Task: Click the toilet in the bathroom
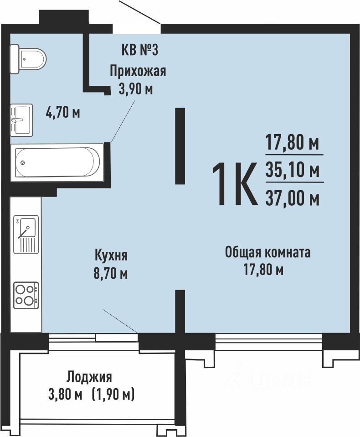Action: [x=28, y=59]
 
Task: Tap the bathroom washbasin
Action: [x=21, y=120]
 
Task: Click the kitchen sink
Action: [x=26, y=234]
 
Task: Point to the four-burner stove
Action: [x=26, y=295]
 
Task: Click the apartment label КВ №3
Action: [x=140, y=51]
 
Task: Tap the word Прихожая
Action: [x=138, y=71]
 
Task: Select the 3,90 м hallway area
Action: [x=136, y=90]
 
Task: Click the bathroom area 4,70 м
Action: [x=63, y=113]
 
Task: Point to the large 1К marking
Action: [x=234, y=184]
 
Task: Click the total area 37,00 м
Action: [x=293, y=199]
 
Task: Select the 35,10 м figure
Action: [x=293, y=170]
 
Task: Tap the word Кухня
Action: [x=111, y=255]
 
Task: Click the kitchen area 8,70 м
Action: [x=111, y=274]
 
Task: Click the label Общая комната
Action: [x=267, y=252]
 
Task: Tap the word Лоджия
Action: [x=89, y=377]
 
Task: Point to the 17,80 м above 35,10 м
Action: [x=293, y=144]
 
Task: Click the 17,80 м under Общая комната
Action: [x=264, y=270]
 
